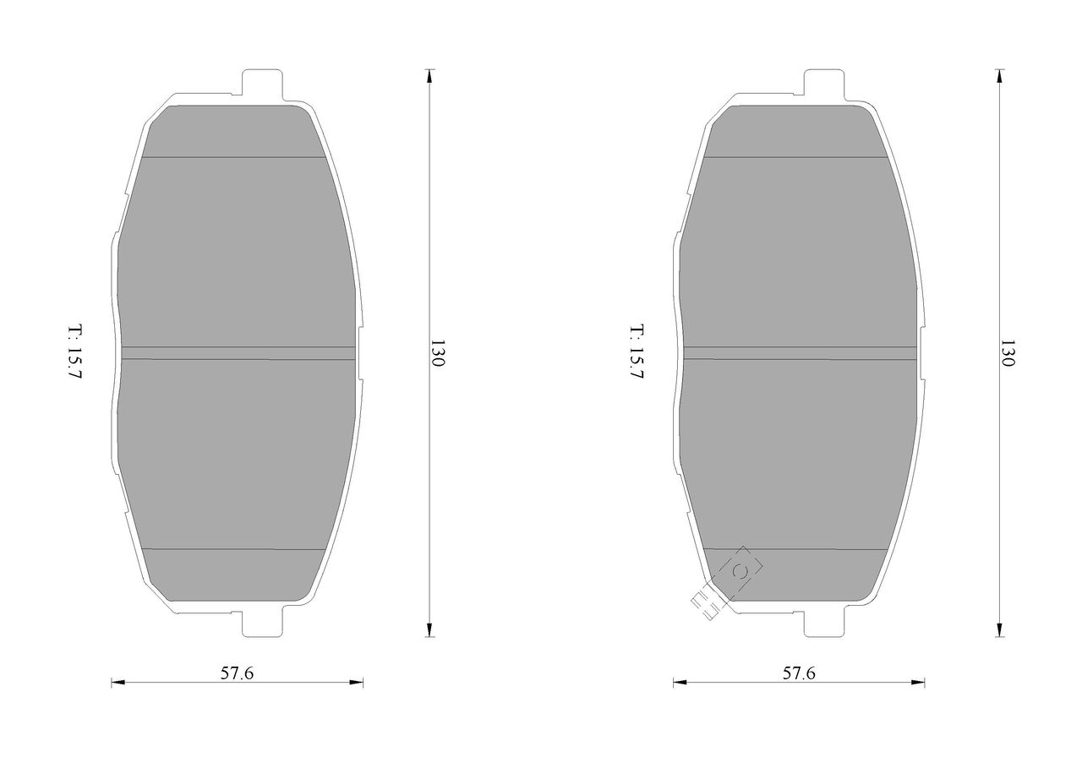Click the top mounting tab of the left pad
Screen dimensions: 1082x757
point(262,85)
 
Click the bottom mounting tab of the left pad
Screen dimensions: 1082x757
point(262,624)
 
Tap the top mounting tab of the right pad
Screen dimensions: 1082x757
point(824,85)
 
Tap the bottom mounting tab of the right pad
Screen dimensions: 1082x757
point(824,624)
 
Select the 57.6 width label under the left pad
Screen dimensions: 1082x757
point(237,673)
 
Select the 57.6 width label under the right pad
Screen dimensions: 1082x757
point(799,673)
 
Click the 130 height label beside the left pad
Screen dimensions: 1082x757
point(437,353)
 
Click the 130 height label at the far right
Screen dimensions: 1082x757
point(1007,353)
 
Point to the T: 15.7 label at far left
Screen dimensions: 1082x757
point(74,351)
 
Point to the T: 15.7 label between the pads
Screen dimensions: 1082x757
point(637,351)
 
